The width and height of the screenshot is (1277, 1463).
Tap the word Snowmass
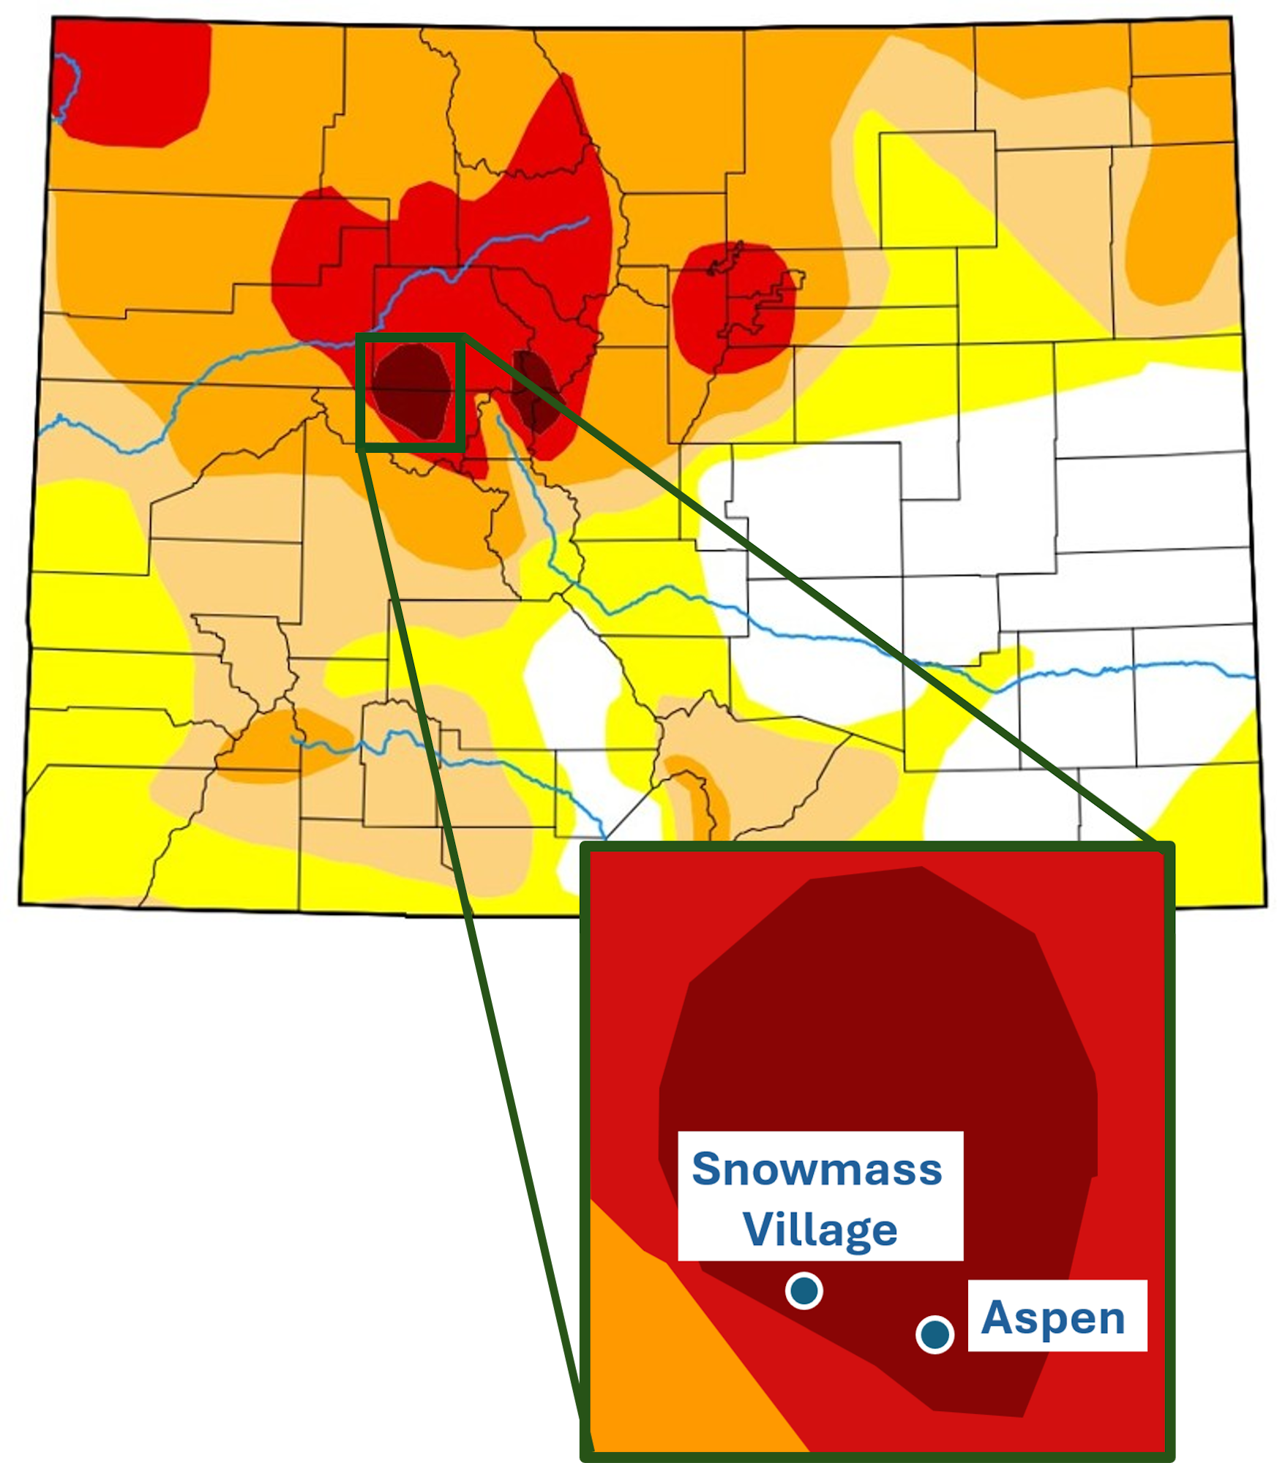817,1169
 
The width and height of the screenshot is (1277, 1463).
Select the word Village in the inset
820,1230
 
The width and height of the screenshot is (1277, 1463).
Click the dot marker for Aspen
935,1334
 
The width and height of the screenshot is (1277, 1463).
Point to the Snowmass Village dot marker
804,1291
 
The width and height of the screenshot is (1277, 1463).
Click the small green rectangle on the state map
359,391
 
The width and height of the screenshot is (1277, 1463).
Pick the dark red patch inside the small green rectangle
411,391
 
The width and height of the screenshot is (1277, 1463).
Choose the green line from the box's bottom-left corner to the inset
468,914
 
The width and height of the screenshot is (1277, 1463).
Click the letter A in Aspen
997,1317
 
